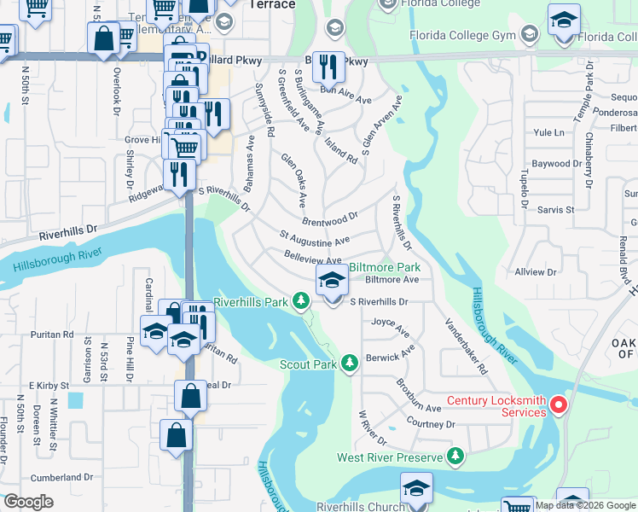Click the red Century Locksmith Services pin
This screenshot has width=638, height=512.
(559, 404)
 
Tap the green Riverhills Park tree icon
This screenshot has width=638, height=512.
(300, 301)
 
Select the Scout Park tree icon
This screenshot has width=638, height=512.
(348, 364)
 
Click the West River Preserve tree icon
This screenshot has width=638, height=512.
(457, 457)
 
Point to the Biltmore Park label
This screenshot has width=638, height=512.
(384, 266)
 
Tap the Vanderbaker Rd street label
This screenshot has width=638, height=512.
(466, 346)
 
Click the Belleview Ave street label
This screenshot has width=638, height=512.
(312, 258)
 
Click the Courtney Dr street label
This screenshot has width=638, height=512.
(432, 424)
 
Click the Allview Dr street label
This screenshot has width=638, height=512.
(535, 272)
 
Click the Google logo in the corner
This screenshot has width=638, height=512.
(28, 502)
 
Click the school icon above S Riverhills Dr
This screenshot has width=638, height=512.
(331, 281)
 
